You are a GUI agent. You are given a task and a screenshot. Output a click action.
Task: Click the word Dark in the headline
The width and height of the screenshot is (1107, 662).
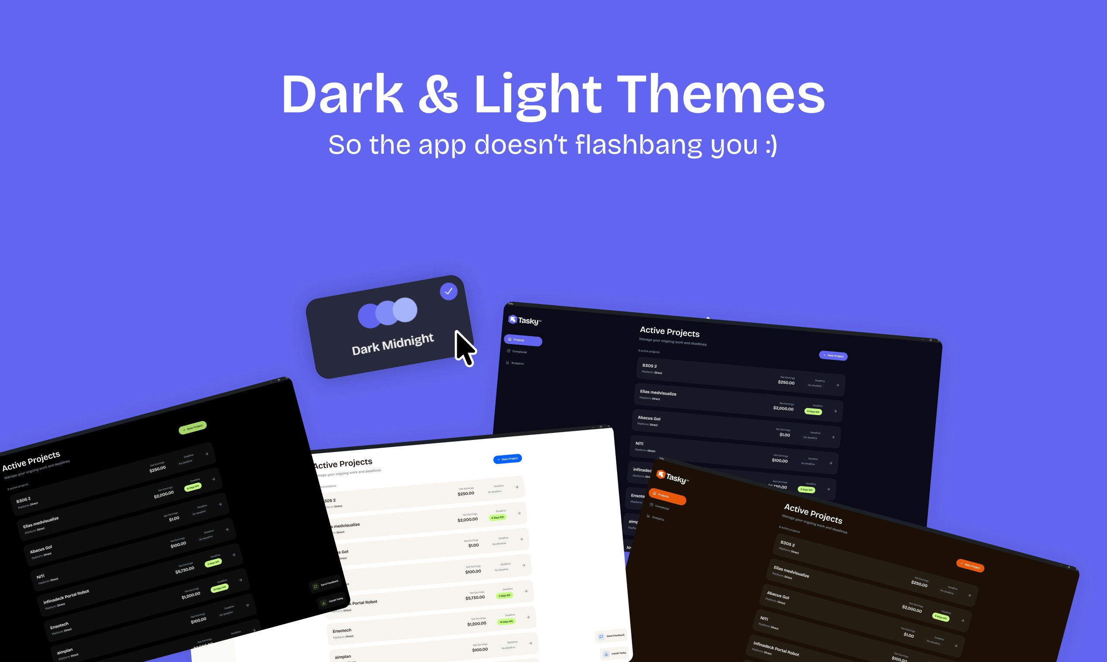coord(343,95)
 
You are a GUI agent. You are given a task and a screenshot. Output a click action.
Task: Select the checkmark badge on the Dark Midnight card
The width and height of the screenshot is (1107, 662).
coord(448,291)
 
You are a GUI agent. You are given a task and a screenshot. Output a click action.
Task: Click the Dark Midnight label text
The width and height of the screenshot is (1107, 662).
coord(392,344)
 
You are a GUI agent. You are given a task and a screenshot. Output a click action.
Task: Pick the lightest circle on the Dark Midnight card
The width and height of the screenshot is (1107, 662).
coord(405,310)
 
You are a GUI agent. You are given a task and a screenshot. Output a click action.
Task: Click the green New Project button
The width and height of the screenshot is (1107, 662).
coord(192,427)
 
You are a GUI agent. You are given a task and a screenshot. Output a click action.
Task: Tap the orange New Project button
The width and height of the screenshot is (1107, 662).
coord(970,566)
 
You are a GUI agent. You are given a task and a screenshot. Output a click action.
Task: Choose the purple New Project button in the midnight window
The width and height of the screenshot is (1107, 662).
coord(833,355)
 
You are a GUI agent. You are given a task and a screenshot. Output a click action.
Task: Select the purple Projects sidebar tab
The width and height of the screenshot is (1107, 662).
coord(523,341)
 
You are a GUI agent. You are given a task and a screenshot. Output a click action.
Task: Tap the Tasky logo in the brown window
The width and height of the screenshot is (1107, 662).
coord(672,477)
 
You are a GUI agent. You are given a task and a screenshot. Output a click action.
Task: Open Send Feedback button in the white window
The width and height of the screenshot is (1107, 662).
coord(611,636)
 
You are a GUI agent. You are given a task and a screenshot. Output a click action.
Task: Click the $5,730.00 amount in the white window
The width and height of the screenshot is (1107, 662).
coord(475,597)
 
